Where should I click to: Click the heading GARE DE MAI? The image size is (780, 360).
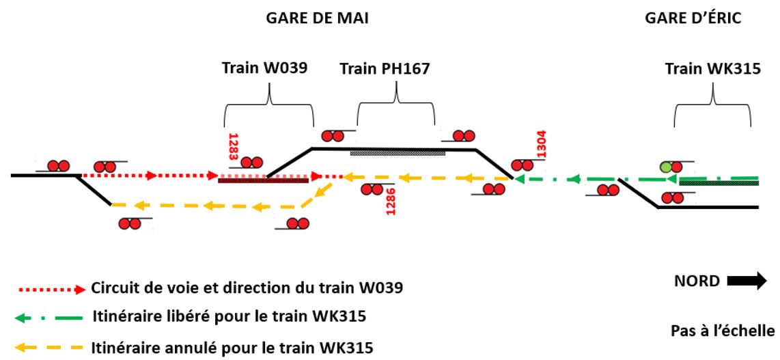(x=316, y=19)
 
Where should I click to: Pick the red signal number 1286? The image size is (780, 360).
(x=391, y=204)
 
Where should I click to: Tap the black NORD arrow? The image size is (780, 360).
(x=747, y=282)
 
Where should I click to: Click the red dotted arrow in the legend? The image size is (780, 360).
(x=51, y=288)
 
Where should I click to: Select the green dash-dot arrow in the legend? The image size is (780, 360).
(x=51, y=318)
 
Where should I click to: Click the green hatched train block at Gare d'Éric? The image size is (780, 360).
(x=719, y=182)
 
